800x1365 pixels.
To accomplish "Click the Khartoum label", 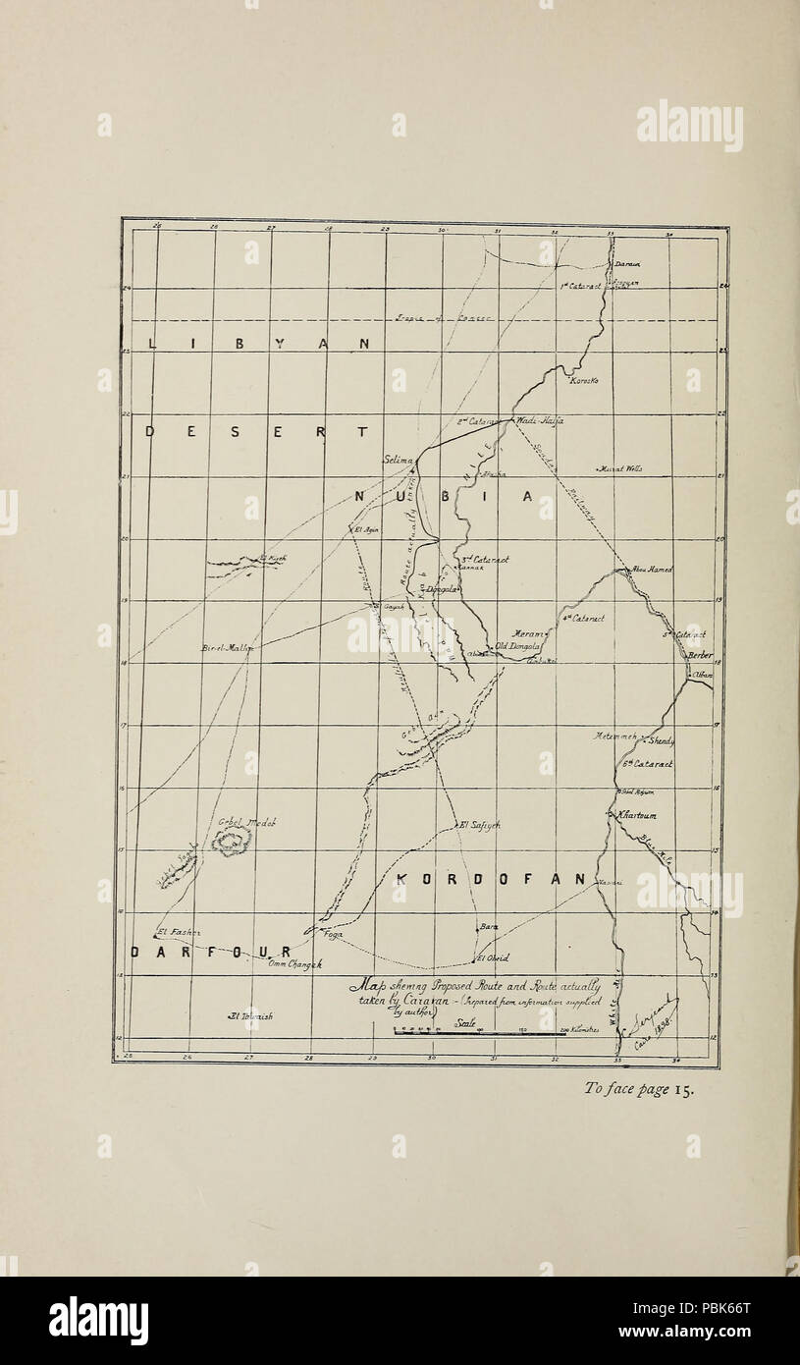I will [x=637, y=815].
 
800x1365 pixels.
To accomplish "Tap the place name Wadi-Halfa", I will [x=539, y=420].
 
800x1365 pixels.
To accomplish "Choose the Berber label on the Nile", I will [x=700, y=655].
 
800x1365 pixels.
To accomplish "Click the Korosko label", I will [x=584, y=380].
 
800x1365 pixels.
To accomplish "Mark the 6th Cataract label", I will [x=647, y=764].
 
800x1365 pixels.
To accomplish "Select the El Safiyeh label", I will [x=480, y=826].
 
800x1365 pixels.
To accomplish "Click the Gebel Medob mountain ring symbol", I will [x=233, y=841].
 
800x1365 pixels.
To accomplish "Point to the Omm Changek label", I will [x=294, y=964].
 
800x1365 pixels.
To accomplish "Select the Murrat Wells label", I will [x=620, y=469].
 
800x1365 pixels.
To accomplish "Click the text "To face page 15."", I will [x=639, y=1088].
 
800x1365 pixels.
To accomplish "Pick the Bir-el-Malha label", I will [x=227, y=648].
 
